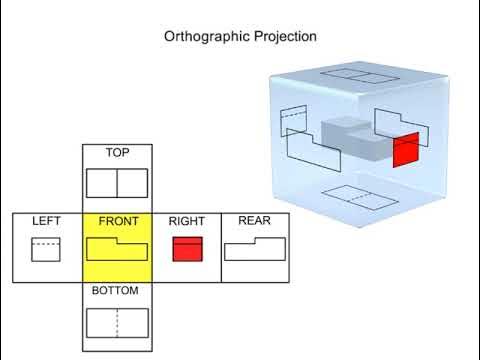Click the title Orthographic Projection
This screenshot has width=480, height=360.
click(x=240, y=36)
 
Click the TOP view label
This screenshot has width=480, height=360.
click(x=117, y=153)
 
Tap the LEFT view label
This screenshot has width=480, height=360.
click(x=47, y=221)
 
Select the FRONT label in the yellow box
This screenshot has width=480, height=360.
click(x=117, y=221)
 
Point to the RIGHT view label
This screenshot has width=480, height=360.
click(x=187, y=221)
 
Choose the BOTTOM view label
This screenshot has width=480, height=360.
click(x=117, y=291)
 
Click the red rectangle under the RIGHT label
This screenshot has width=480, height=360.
click(x=187, y=249)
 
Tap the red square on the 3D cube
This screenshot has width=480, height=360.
click(x=405, y=152)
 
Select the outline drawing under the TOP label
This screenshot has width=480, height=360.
click(x=117, y=182)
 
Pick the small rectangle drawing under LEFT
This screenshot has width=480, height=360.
click(x=46, y=249)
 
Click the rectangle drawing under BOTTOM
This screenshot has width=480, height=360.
click(x=117, y=322)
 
